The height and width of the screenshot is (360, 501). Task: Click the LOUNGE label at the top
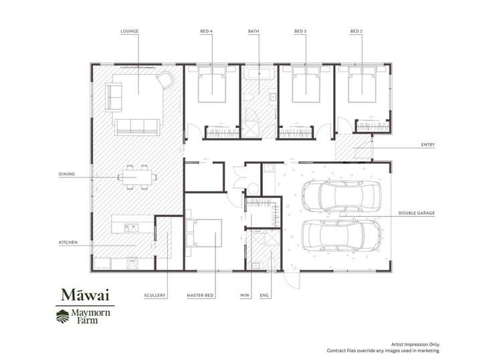click(129, 31)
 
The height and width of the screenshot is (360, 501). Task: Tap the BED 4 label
click(207, 31)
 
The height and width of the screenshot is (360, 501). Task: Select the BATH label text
click(254, 31)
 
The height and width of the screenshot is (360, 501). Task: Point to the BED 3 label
click(300, 31)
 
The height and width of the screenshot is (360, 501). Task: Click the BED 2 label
click(357, 31)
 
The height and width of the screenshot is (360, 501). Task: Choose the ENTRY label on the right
click(428, 145)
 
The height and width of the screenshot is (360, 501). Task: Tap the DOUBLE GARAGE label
click(417, 213)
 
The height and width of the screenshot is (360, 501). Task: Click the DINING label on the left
click(67, 174)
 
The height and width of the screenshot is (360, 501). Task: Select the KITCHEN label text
click(68, 242)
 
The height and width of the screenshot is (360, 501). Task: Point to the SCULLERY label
click(155, 295)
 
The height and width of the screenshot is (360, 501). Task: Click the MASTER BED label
click(200, 295)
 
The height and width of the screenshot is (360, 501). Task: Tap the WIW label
click(244, 295)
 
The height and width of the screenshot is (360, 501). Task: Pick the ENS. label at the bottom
click(264, 295)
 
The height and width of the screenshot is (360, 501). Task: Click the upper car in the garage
click(341, 196)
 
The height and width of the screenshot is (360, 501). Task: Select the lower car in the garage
click(341, 236)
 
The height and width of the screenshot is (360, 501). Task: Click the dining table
click(137, 177)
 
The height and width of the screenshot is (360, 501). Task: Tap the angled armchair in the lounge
click(165, 80)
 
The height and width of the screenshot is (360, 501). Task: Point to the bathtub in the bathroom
click(259, 74)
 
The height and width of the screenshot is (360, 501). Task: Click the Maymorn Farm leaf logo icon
click(63, 317)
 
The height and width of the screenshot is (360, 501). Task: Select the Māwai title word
click(86, 295)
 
